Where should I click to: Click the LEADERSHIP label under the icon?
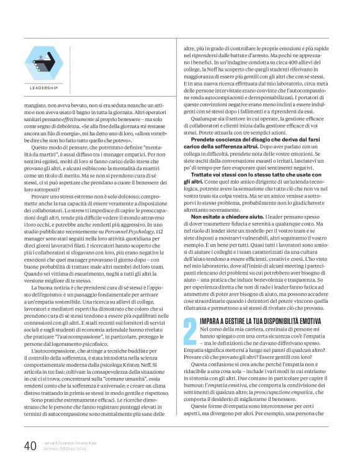tap(44, 88)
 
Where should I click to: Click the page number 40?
tap(30, 445)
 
